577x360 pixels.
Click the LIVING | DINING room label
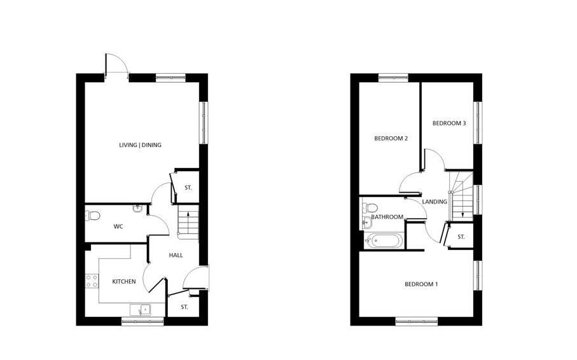[140, 145]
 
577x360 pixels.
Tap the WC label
[118, 226]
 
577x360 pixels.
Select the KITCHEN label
[124, 281]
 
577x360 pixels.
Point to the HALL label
[176, 255]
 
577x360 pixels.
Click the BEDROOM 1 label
[421, 284]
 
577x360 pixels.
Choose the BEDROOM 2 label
[391, 139]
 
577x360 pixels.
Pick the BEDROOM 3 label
[449, 123]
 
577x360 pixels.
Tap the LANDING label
[434, 202]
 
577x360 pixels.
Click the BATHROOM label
[387, 217]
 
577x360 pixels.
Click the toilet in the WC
[92, 216]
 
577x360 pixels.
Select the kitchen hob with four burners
[92, 280]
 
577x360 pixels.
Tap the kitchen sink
[140, 310]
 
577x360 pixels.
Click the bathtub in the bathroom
[384, 241]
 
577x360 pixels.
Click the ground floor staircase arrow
[188, 222]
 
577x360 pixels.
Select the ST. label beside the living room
[188, 188]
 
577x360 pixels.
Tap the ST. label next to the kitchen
[184, 307]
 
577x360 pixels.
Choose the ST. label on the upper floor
[461, 237]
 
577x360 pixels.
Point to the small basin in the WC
[137, 208]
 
